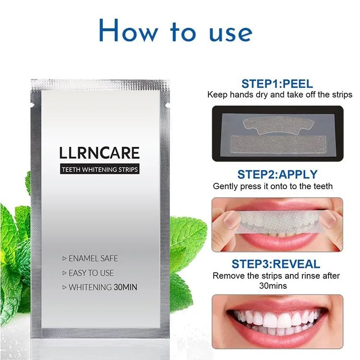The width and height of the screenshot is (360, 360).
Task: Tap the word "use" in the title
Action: coord(230,34)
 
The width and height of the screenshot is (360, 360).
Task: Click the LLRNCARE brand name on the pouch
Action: coord(99,153)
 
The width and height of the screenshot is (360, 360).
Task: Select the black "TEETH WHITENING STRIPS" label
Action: coord(100,169)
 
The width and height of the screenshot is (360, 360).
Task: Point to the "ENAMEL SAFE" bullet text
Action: coord(93,258)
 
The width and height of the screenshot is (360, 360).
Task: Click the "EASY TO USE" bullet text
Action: coord(91,273)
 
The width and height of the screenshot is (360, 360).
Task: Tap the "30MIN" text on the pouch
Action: coord(125,287)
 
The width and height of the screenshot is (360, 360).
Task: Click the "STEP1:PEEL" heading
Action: coord(277,84)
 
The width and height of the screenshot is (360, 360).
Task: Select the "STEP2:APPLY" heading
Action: coord(277,175)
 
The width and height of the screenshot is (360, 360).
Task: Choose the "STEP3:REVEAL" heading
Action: coord(276,264)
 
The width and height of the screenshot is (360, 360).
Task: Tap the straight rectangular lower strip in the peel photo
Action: coord(278,144)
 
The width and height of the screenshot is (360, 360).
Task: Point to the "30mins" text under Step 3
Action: coord(273,286)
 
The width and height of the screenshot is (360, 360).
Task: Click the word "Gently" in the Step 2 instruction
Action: coord(226,186)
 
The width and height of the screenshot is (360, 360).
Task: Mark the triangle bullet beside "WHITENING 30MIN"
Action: coord(64,287)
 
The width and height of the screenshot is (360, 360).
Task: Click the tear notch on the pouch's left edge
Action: coord(32,106)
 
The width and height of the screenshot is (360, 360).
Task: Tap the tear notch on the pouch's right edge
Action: coord(168,106)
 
